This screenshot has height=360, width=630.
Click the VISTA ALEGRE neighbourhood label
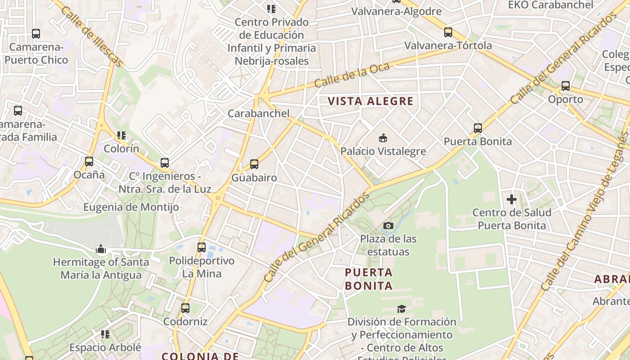[370, 101]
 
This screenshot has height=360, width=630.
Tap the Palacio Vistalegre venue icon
[383, 138]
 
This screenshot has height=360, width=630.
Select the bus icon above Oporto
[565, 86]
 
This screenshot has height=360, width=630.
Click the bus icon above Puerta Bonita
[478, 128]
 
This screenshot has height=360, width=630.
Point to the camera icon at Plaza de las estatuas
[388, 225]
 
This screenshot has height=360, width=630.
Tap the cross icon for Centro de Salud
[512, 199]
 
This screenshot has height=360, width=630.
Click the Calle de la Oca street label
[346, 75]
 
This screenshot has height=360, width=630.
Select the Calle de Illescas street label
[90, 36]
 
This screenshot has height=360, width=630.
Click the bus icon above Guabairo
[254, 164]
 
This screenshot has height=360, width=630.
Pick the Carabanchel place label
[259, 113]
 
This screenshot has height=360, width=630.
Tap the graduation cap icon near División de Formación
[401, 309]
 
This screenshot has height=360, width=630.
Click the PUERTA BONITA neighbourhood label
[369, 279]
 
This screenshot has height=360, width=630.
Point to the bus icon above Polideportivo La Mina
[202, 247]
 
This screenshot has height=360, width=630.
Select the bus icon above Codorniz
[185, 308]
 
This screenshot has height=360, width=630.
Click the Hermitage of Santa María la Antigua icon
[100, 249]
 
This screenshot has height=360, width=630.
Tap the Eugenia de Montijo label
[131, 207]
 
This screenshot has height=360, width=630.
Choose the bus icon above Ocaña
[89, 162]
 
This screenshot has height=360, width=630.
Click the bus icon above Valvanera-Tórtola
[448, 32]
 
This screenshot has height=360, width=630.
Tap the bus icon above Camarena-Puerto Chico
[36, 34]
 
